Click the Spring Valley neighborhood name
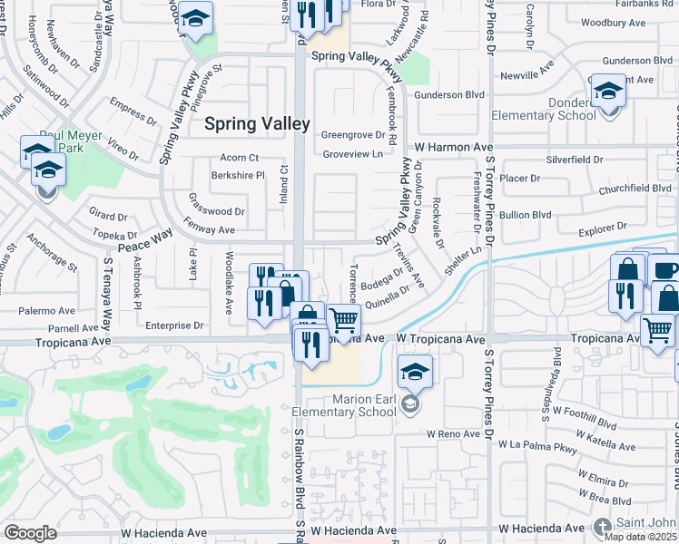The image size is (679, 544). [257, 124]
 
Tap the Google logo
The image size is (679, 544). [30, 533]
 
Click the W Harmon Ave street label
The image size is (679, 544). [454, 146]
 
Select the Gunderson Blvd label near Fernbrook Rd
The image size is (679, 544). [450, 93]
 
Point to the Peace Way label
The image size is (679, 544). [144, 240]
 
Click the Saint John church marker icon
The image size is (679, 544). [603, 526]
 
